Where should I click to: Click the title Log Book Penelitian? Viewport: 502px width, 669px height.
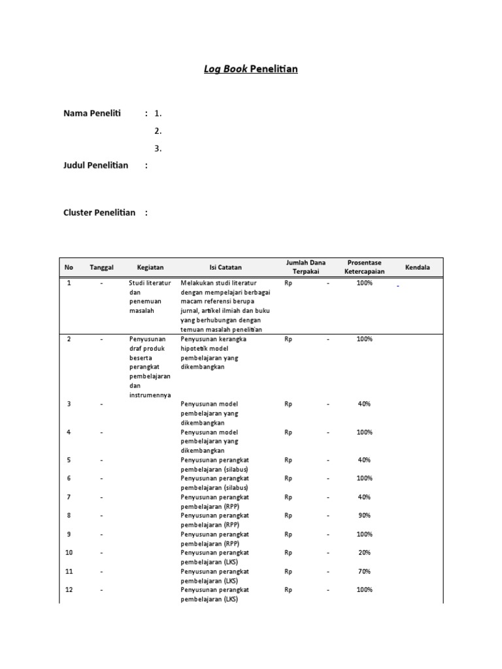tap(250, 69)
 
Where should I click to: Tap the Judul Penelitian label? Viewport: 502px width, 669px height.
tap(95, 165)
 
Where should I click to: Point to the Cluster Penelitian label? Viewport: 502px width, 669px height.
tap(99, 212)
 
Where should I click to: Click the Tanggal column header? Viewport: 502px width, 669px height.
tap(101, 267)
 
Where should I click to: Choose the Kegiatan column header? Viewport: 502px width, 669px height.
tap(150, 267)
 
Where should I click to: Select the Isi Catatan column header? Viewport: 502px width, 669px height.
tap(226, 267)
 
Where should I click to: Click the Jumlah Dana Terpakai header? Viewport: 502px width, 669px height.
tap(306, 267)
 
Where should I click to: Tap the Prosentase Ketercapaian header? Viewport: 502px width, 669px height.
tap(365, 267)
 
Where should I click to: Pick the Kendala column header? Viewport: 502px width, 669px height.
tap(418, 267)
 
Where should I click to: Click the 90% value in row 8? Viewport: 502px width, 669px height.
tap(364, 515)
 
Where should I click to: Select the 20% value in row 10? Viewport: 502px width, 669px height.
tap(364, 553)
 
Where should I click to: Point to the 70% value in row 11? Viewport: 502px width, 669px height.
tap(364, 572)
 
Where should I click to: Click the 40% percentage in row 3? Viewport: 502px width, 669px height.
tap(364, 404)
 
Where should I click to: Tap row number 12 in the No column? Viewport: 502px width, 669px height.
tap(69, 590)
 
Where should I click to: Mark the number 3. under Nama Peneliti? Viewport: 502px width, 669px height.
tap(158, 148)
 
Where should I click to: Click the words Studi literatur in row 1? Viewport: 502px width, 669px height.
tap(150, 283)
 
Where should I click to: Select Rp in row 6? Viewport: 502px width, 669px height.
tap(288, 478)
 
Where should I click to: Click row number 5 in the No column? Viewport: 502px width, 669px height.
tap(69, 460)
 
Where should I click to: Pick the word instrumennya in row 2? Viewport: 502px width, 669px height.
tap(150, 395)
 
